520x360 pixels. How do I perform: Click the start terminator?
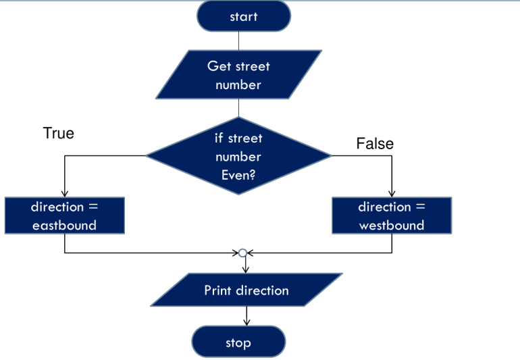243,16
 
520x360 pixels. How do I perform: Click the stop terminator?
238,342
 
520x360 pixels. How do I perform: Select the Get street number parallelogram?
238,75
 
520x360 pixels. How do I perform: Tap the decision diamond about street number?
238,156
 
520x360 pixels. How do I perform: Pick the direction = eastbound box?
64,215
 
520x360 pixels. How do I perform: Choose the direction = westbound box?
392,215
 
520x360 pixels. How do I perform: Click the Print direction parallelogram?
246,290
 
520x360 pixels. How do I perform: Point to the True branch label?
59,133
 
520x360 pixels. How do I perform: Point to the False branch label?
375,143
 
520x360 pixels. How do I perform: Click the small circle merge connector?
243,253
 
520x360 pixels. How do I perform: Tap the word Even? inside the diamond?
239,175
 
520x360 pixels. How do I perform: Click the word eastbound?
64,225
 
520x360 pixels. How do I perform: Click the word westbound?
392,225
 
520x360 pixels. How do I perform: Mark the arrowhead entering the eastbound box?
64,193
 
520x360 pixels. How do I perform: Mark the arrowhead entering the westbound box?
392,193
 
